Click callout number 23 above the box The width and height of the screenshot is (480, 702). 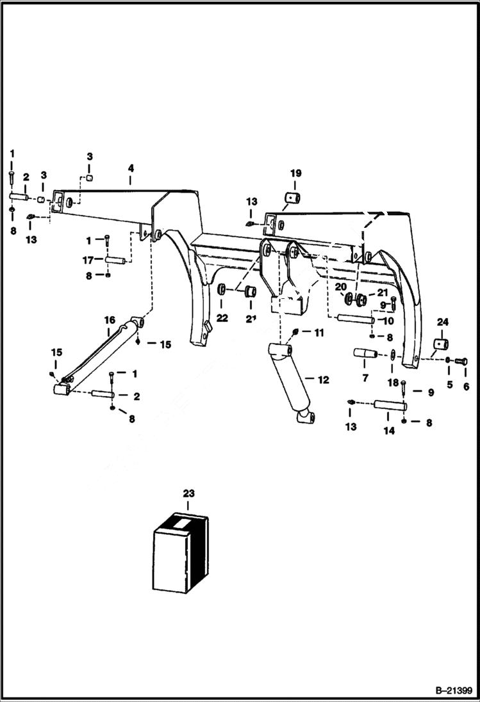(x=188, y=493)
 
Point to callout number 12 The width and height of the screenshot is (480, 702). (x=323, y=379)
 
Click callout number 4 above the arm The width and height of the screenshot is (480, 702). (x=130, y=169)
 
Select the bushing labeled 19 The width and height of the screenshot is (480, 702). (x=294, y=197)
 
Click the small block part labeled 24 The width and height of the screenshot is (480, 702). (x=440, y=345)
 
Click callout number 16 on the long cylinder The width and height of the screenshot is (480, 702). (x=109, y=320)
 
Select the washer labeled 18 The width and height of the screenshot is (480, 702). (x=392, y=356)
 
